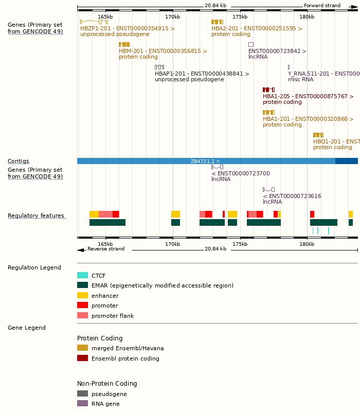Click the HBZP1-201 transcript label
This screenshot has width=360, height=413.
coord(127,29)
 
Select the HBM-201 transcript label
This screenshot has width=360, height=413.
coord(163,51)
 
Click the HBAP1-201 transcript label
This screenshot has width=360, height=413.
coord(202,74)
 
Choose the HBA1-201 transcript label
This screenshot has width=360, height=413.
coord(308,119)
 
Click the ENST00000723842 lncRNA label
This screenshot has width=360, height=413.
coord(277,51)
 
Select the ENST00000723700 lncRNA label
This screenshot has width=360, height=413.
coord(240,174)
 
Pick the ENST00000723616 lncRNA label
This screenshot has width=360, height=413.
coord(292,196)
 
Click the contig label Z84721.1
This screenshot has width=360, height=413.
coord(205,161)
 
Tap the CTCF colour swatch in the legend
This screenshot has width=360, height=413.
coord(82,276)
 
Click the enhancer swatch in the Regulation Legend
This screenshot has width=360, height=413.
coord(82,296)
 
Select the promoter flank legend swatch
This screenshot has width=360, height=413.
coord(82,316)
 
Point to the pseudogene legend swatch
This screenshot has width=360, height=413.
coord(82,394)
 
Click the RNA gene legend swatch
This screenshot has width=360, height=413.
coord(82,404)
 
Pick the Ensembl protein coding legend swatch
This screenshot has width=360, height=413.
coord(82,358)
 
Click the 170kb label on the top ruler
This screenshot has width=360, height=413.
coord(172,17)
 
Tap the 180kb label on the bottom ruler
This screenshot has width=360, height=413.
coord(307,244)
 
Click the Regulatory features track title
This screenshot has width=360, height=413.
coord(36,216)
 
